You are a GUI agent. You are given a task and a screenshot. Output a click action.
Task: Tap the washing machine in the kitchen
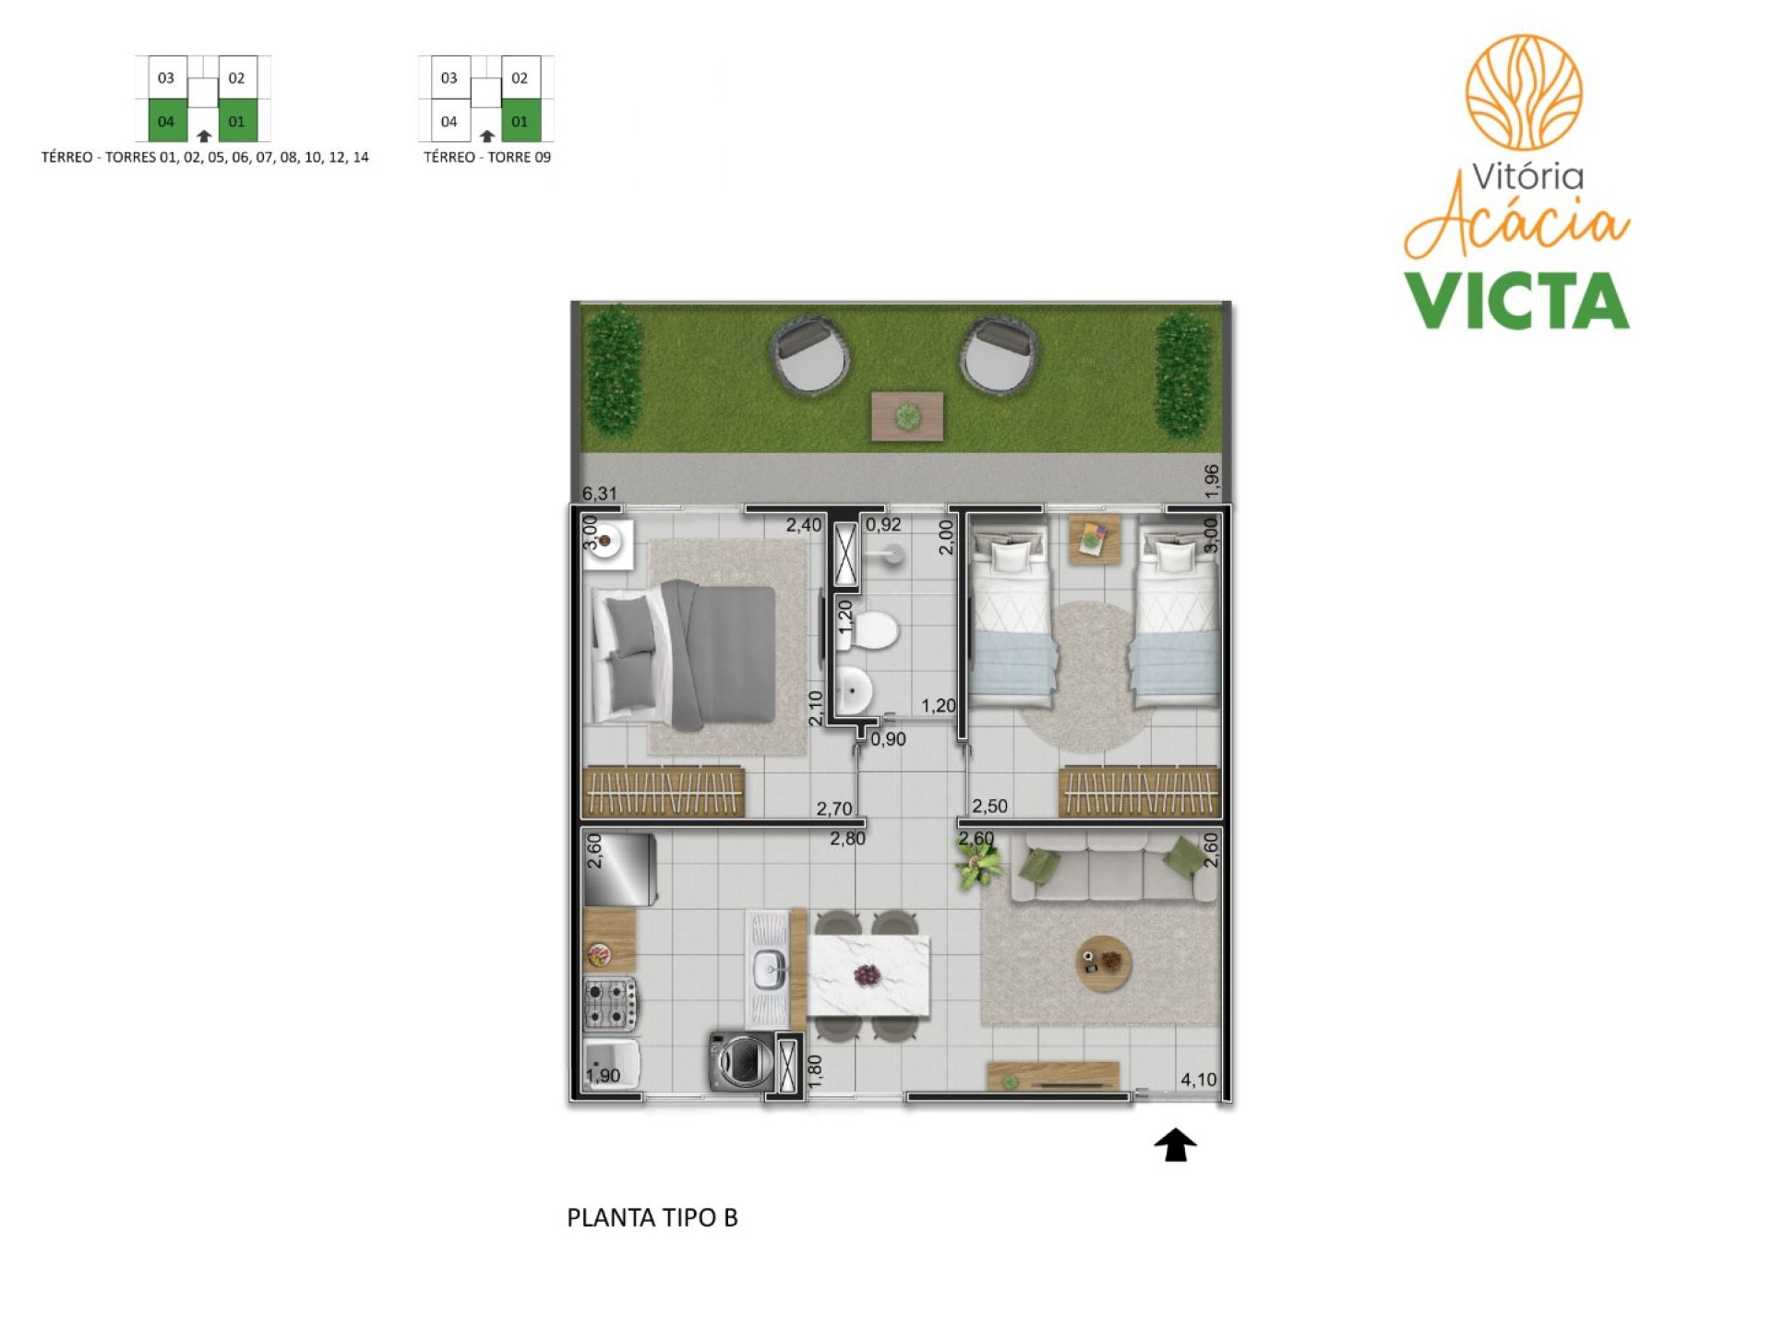(x=741, y=1060)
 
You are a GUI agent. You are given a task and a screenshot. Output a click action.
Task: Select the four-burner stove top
(x=610, y=1005)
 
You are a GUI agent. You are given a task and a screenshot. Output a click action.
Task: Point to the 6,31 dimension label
(x=599, y=494)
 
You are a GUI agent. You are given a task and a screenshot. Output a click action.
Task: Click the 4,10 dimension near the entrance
(x=1198, y=1080)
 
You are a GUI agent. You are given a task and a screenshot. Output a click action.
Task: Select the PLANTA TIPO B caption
(x=652, y=1218)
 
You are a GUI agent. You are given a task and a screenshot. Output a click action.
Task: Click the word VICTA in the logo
(x=1516, y=301)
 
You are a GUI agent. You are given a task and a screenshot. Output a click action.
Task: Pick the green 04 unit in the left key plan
(x=167, y=122)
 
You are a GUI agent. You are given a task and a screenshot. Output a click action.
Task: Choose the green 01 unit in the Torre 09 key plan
(x=521, y=122)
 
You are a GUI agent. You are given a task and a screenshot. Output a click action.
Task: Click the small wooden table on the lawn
(x=908, y=416)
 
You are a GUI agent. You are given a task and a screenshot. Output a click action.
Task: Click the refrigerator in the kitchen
(x=619, y=870)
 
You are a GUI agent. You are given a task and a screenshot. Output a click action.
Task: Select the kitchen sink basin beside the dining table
(x=767, y=969)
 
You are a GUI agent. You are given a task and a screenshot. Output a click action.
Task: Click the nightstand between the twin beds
(x=1095, y=539)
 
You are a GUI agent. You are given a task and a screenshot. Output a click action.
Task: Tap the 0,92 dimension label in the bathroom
(x=883, y=525)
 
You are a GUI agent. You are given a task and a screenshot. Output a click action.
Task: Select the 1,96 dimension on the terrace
(x=1212, y=481)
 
